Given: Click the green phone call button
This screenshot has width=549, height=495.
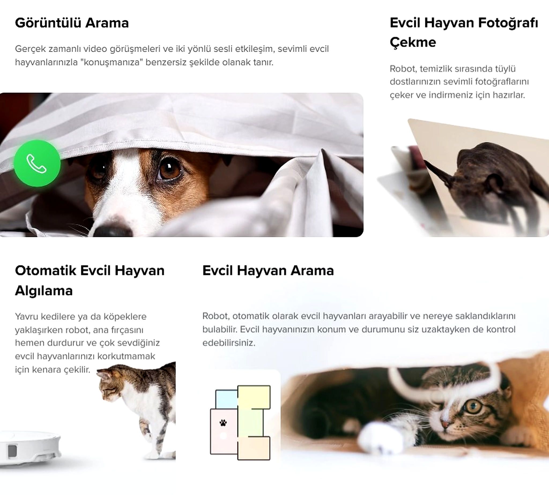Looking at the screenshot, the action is tap(37, 163).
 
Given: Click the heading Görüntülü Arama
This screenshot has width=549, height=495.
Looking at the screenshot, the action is tap(72, 23).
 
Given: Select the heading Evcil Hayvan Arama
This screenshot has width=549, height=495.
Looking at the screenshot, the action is tap(268, 271).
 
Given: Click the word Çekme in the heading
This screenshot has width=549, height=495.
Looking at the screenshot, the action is tap(413, 42).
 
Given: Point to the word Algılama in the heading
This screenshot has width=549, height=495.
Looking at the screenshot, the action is tap(44, 291).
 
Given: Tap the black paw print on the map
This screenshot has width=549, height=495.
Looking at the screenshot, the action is tap(223, 423).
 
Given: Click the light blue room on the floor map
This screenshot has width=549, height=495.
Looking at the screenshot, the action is tap(227, 399).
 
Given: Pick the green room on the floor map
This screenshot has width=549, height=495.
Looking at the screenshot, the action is tap(251, 423).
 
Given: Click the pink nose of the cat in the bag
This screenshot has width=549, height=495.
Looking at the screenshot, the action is tap(445, 424).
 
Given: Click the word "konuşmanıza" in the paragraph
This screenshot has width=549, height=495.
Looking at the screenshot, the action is tap(112, 62).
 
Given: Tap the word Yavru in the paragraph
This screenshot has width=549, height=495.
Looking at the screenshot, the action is tap(27, 317).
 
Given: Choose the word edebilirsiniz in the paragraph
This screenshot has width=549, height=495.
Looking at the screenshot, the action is tap(229, 343).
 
